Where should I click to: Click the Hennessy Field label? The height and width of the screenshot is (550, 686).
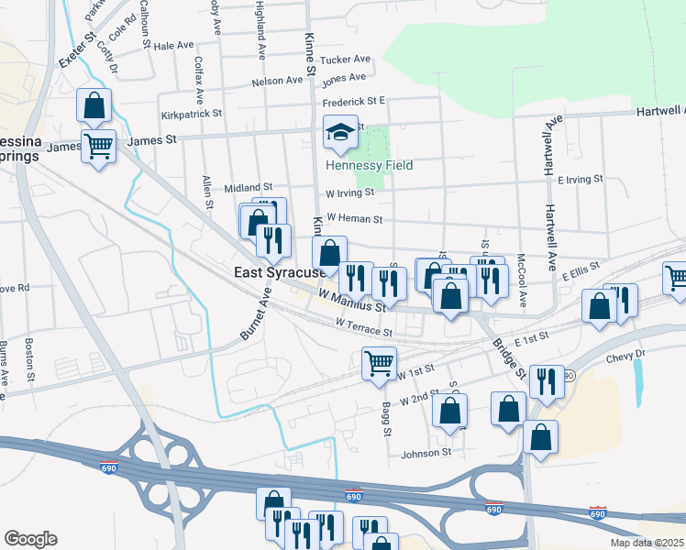tap(369, 165)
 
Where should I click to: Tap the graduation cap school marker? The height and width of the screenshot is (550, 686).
tap(340, 134)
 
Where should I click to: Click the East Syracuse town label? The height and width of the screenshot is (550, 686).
tap(280, 273)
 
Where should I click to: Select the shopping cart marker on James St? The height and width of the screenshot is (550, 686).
tap(99, 145)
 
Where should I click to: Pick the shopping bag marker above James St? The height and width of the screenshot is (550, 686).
tap(94, 106)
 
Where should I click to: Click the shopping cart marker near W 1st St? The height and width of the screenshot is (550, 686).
tap(379, 362)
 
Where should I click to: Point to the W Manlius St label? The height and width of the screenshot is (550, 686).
tap(352, 300)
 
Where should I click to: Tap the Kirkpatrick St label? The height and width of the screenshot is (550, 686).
tap(192, 114)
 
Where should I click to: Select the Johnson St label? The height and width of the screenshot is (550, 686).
tap(426, 452)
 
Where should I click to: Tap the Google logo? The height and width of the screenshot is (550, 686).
tap(30, 538)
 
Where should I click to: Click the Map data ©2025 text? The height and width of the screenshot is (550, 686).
tap(647, 543)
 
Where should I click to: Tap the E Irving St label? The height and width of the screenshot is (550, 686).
tap(580, 179)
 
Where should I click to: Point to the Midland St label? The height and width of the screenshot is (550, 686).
tap(249, 187)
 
